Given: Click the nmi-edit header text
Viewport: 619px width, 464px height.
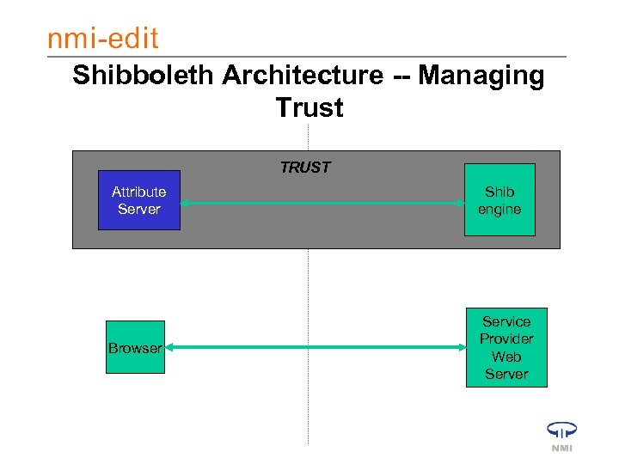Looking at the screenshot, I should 103,38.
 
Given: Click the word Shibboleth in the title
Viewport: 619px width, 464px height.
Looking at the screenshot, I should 143,76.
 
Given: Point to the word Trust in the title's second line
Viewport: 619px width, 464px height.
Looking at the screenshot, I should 309,108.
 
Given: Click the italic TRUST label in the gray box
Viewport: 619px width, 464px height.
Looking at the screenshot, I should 305,168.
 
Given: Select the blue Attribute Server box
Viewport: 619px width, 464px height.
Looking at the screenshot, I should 139,200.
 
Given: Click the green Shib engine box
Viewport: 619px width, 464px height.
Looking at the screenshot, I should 499,200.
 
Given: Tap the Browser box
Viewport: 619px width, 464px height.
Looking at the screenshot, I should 135,348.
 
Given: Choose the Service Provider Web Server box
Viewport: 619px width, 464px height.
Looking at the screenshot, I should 506,348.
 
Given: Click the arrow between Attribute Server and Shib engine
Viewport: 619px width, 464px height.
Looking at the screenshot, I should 322,204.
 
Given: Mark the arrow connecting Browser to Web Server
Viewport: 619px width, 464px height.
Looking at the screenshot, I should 314,348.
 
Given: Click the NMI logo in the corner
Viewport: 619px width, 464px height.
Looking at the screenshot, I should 561,436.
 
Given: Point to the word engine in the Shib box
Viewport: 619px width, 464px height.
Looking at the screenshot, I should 499,210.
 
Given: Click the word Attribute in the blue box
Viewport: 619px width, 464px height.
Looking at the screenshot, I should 139,192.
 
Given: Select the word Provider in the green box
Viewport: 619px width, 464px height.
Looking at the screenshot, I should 506,339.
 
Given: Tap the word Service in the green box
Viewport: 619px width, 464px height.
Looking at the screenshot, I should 506,321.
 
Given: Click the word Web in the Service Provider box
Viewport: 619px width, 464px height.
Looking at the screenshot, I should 506,357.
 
